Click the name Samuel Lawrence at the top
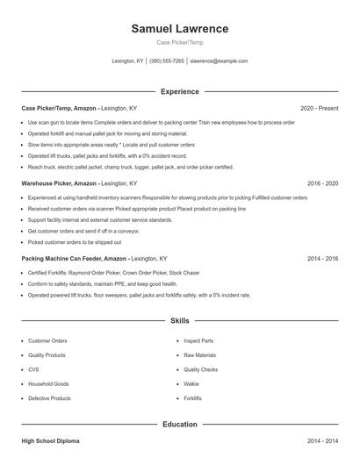click(180, 28)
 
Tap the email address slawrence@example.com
click(219, 61)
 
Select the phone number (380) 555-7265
click(167, 61)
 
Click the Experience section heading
click(180, 91)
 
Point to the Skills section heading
click(180, 321)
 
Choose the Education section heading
click(180, 424)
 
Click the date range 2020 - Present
click(319, 108)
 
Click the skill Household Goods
click(48, 383)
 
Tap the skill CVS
click(33, 369)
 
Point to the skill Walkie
click(191, 383)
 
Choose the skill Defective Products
click(49, 398)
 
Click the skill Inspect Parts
click(198, 340)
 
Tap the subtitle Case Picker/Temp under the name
click(180, 43)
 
